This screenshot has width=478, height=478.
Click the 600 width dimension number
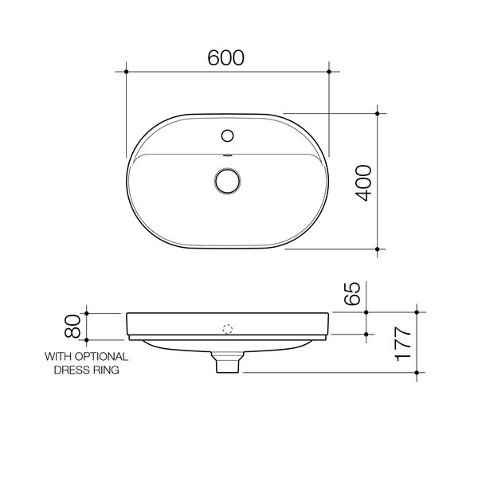[226, 58]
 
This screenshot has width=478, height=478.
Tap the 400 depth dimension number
[364, 183]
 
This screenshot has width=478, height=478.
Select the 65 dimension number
[352, 293]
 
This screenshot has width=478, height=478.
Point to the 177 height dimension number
[402, 344]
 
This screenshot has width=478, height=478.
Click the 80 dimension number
[72, 326]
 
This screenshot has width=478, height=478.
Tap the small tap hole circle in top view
[227, 135]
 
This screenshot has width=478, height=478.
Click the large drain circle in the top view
[227, 181]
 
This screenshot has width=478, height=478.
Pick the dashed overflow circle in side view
[228, 329]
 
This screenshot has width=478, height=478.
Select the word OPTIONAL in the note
[102, 357]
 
